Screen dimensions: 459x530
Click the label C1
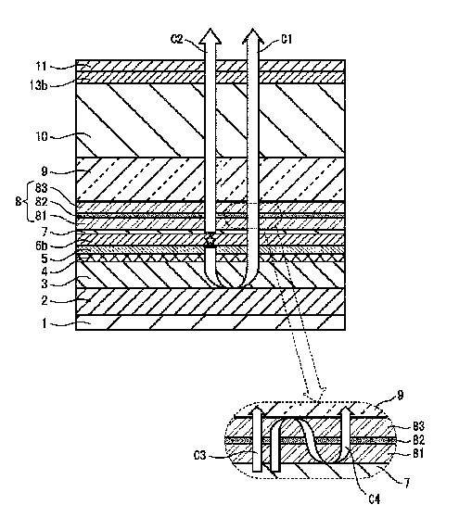pyautogui.click(x=287, y=40)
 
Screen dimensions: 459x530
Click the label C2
pyautogui.click(x=176, y=39)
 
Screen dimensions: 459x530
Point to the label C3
pyautogui.click(x=200, y=455)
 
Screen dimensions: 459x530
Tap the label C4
pyautogui.click(x=375, y=498)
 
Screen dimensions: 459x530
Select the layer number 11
pyautogui.click(x=42, y=66)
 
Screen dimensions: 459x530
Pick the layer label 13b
pyautogui.click(x=38, y=85)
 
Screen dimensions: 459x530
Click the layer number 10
pyautogui.click(x=42, y=137)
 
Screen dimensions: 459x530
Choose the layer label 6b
pyautogui.click(x=42, y=246)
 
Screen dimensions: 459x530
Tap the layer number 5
pyautogui.click(x=45, y=259)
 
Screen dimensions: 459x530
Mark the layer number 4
pyautogui.click(x=45, y=271)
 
